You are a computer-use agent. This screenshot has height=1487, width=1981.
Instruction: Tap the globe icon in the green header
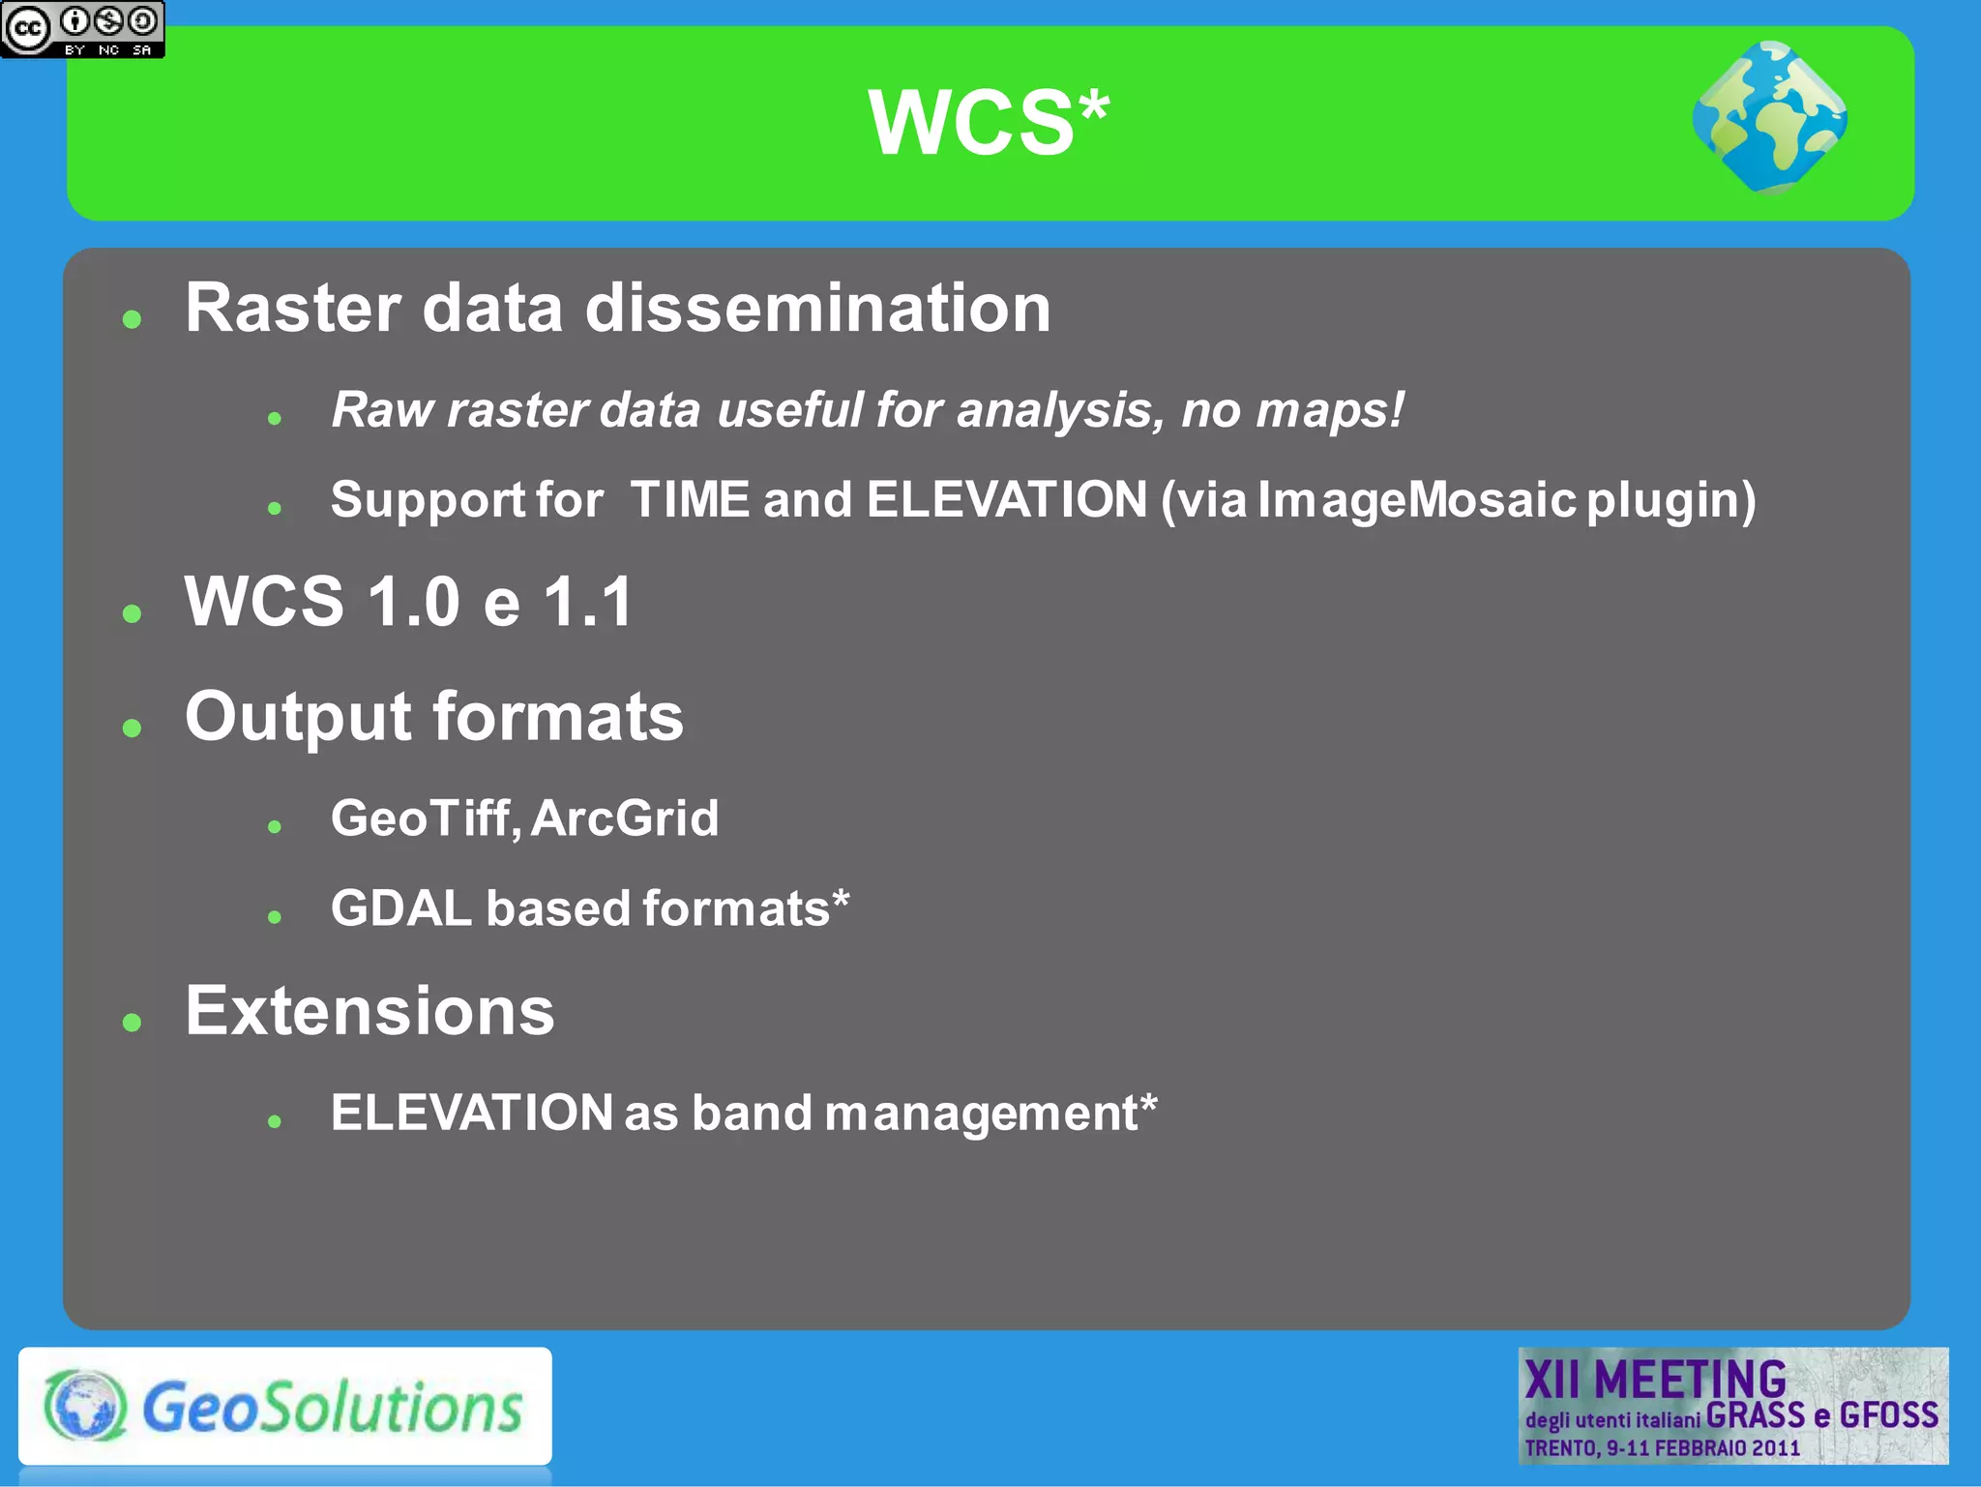pyautogui.click(x=1769, y=118)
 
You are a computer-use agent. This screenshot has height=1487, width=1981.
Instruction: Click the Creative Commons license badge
pyautogui.click(x=82, y=29)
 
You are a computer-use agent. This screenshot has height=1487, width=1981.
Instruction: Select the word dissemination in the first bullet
pyautogui.click(x=817, y=309)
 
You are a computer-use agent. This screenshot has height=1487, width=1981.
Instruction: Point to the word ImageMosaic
pyautogui.click(x=1416, y=500)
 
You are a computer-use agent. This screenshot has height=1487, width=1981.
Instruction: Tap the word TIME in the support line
pyautogui.click(x=689, y=500)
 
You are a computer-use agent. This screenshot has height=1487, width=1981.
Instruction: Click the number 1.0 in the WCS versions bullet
pyautogui.click(x=413, y=602)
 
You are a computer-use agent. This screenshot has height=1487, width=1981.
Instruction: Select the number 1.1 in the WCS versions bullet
pyautogui.click(x=587, y=602)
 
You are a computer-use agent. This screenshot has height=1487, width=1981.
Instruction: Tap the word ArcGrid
pyautogui.click(x=625, y=818)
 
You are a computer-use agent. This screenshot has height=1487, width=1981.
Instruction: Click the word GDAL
pyautogui.click(x=400, y=908)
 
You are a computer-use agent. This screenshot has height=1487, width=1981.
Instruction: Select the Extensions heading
pyautogui.click(x=370, y=1011)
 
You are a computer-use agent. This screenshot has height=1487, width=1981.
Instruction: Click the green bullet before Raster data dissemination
pyautogui.click(x=133, y=319)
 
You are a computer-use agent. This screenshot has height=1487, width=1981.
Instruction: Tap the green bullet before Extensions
pyautogui.click(x=133, y=1022)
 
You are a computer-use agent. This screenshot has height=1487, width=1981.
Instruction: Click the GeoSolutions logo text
pyautogui.click(x=332, y=1408)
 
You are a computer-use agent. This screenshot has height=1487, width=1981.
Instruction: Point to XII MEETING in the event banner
pyautogui.click(x=1654, y=1379)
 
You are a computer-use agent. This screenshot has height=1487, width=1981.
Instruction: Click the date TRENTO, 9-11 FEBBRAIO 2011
pyautogui.click(x=1662, y=1448)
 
